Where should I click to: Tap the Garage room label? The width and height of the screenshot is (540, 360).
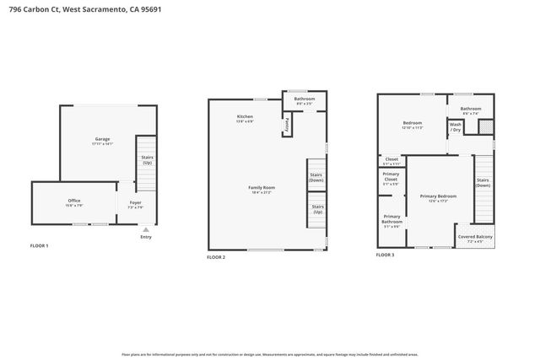pyautogui.click(x=102, y=140)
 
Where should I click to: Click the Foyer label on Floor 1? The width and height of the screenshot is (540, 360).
pyautogui.click(x=135, y=204)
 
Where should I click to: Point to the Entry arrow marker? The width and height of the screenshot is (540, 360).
pyautogui.click(x=146, y=228)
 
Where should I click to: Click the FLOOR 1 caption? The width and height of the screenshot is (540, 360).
pyautogui.click(x=40, y=245)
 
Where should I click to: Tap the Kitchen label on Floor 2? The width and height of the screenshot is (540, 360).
pyautogui.click(x=245, y=117)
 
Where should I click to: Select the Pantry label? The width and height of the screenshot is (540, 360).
pyautogui.click(x=288, y=125)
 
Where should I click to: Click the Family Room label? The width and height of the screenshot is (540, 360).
pyautogui.click(x=261, y=189)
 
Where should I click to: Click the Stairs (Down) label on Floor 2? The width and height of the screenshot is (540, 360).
pyautogui.click(x=316, y=177)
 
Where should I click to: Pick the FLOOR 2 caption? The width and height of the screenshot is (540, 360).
pyautogui.click(x=216, y=256)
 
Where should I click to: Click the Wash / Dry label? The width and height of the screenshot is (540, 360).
pyautogui.click(x=456, y=126)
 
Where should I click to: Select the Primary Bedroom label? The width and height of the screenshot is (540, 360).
pyautogui.click(x=439, y=198)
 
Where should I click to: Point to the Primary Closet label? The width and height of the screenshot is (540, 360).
pyautogui.click(x=391, y=179)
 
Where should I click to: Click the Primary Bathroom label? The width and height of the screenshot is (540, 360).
pyautogui.click(x=391, y=221)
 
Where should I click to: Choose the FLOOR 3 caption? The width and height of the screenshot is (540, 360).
pyautogui.click(x=385, y=254)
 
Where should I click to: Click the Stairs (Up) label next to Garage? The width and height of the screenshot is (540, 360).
pyautogui.click(x=147, y=159)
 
